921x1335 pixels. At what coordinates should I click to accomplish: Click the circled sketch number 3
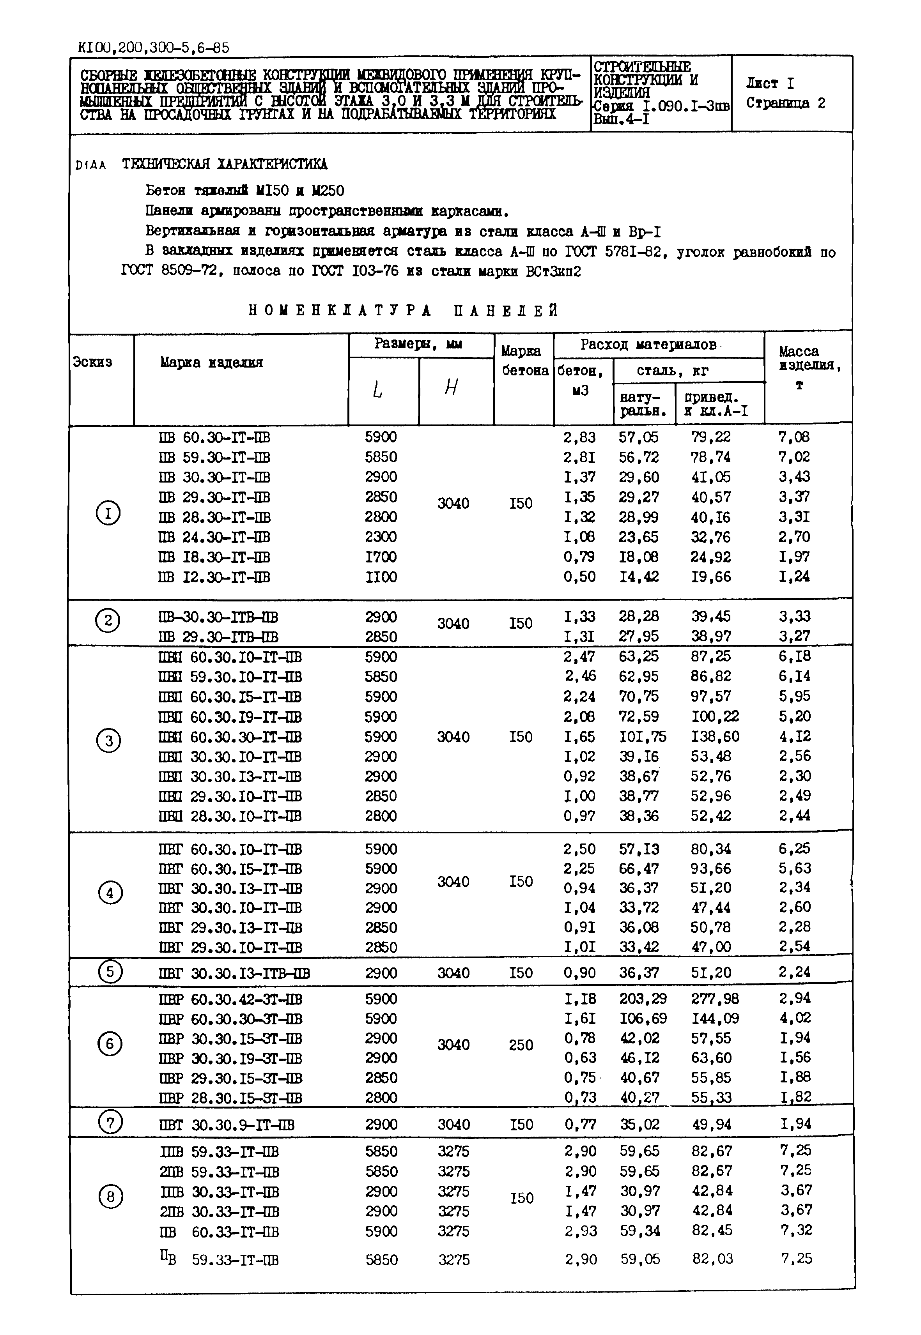(108, 740)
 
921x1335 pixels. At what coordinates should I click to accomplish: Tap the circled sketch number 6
(110, 1044)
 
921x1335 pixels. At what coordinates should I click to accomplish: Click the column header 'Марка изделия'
(211, 362)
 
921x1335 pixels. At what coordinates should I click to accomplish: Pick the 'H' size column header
(451, 388)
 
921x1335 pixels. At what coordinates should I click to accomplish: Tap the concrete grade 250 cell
(521, 1045)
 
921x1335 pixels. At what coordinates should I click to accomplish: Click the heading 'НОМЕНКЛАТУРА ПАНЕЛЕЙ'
(403, 311)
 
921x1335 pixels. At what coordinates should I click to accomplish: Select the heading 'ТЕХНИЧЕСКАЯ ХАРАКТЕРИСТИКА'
(225, 164)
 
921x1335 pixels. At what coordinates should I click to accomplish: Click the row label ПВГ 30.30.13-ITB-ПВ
(234, 974)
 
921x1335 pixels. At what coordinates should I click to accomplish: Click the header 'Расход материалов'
(648, 345)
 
